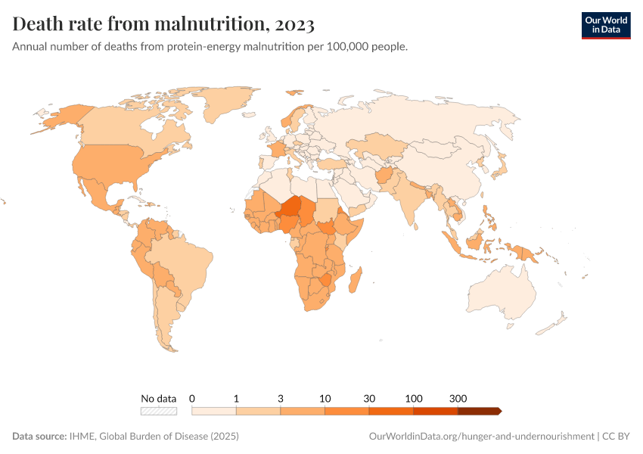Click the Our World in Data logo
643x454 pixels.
pos(605,24)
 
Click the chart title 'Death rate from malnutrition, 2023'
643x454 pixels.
pos(163,24)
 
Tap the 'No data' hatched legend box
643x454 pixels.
pos(159,411)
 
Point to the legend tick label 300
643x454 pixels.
pos(458,398)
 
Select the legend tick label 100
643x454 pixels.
pos(414,398)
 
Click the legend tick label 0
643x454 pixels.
pos(192,398)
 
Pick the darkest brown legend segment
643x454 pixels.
pos(478,411)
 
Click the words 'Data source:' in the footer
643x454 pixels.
pos(39,437)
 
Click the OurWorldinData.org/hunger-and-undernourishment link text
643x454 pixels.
pos(481,437)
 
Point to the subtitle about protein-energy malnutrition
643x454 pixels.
pos(210,47)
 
